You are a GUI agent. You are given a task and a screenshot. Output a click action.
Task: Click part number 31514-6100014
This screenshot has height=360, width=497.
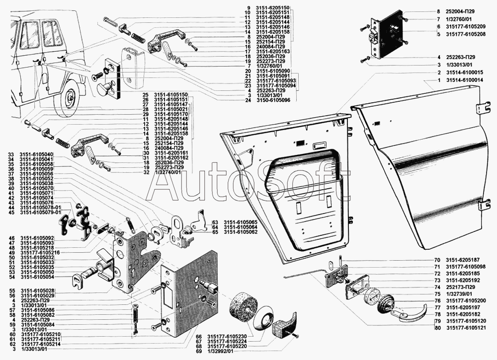465,79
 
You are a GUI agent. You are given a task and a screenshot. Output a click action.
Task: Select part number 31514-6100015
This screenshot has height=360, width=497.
465,72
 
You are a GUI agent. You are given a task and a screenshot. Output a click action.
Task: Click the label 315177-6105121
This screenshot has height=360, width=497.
466,328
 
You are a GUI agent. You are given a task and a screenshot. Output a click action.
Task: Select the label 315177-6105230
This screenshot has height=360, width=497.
228,336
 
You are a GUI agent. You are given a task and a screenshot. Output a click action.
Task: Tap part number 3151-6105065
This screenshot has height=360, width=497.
240,222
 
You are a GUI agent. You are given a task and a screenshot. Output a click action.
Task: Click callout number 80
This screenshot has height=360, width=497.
437,328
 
